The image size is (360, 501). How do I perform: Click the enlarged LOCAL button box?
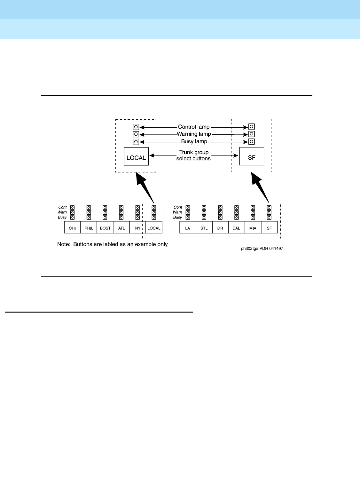click(136, 156)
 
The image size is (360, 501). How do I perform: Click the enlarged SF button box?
click(252, 156)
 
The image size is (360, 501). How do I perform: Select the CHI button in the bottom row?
click(73, 228)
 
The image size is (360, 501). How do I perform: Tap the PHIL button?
click(89, 228)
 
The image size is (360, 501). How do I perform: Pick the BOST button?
click(105, 228)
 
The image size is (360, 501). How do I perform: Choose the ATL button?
click(121, 228)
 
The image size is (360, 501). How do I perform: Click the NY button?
click(137, 228)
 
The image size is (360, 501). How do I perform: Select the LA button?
click(188, 228)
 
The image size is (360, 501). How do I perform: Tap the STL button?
click(204, 228)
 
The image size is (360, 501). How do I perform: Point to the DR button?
click(220, 228)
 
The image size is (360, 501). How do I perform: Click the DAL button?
click(236, 228)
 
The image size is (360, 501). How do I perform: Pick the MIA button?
click(253, 228)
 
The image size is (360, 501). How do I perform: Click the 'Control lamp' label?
click(194, 127)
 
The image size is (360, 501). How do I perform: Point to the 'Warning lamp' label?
click(194, 134)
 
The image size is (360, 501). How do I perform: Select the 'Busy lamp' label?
click(194, 141)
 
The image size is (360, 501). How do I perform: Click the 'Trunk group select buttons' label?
click(194, 155)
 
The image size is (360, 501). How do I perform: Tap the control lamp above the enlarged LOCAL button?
click(136, 127)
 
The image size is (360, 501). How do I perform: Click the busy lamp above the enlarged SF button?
click(252, 141)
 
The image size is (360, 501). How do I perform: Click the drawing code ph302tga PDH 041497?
click(262, 249)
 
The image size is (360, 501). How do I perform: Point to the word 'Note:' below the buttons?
click(64, 244)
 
